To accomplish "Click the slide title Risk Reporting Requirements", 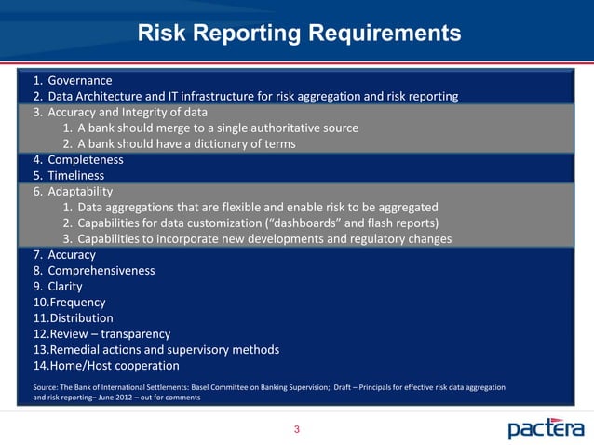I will pyautogui.click(x=299, y=34).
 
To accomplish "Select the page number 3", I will pyautogui.click(x=296, y=429).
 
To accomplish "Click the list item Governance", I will pyautogui.click(x=80, y=80).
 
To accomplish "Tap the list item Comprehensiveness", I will pyautogui.click(x=101, y=270).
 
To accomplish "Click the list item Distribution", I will pyautogui.click(x=80, y=318).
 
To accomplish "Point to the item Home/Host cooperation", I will pyautogui.click(x=113, y=366).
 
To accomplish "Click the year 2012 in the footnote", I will pyautogui.click(x=120, y=398).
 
